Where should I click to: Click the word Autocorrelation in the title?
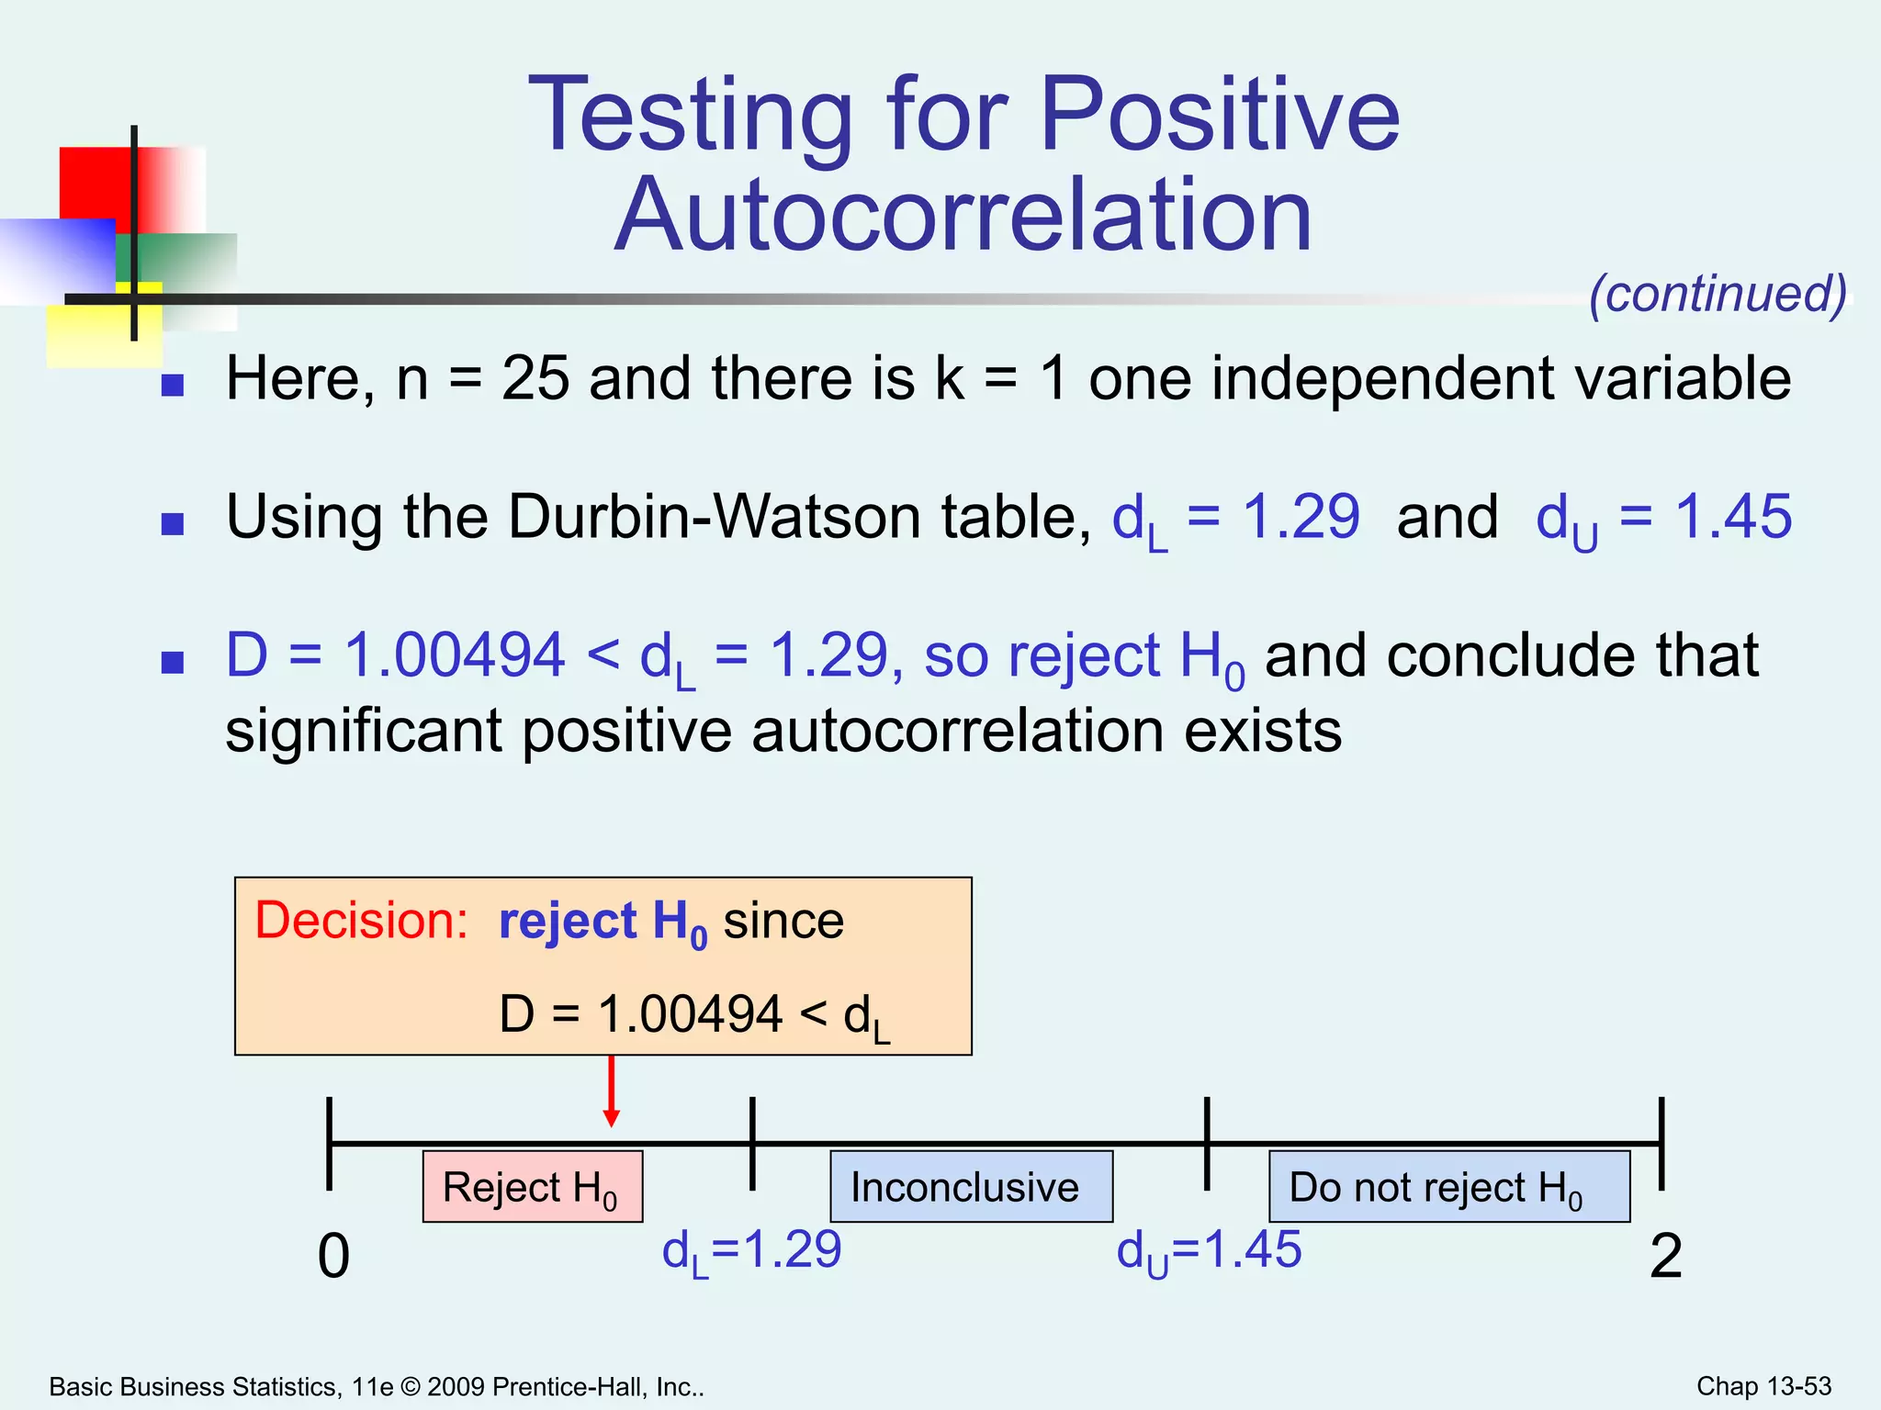tap(963, 215)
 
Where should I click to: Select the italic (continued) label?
tap(1718, 294)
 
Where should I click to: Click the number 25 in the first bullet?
tap(535, 378)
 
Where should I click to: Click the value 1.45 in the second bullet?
tap(1733, 516)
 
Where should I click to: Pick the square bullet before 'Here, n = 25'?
tap(173, 385)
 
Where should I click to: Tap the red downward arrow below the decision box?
tap(612, 1092)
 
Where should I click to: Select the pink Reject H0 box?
tap(532, 1187)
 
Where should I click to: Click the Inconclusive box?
tap(971, 1187)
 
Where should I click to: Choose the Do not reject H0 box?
tap(1448, 1187)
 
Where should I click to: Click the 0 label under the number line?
tap(333, 1256)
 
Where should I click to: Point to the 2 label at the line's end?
tap(1665, 1256)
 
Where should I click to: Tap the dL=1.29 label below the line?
tap(751, 1251)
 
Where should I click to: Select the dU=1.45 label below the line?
tap(1209, 1251)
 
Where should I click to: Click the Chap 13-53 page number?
tap(1763, 1386)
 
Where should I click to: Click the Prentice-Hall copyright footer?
tap(377, 1387)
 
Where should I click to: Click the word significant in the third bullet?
tap(364, 731)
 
